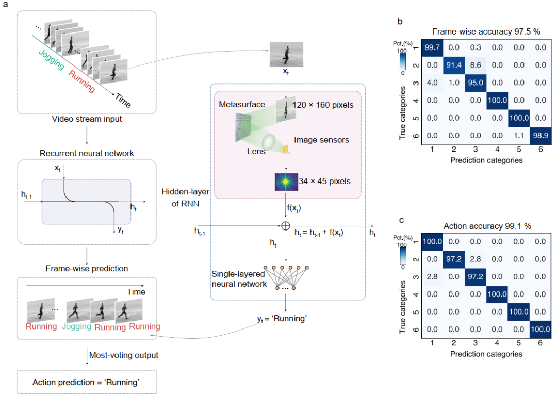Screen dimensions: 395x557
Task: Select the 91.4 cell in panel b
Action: [x=454, y=67]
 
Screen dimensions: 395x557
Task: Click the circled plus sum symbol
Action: [x=284, y=225]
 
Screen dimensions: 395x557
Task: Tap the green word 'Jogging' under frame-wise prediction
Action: [x=77, y=327]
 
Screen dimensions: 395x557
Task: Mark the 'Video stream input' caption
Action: [x=86, y=120]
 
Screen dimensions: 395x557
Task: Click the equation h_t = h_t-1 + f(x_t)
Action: [x=319, y=233]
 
